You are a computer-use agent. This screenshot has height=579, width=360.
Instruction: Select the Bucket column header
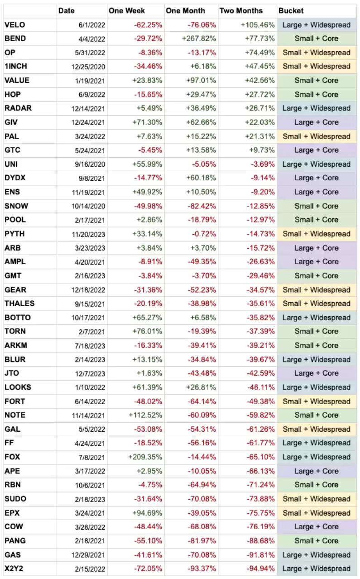click(x=291, y=10)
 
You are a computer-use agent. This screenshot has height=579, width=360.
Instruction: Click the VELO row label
click(x=15, y=24)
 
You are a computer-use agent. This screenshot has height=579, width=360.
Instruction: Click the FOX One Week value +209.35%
click(x=145, y=457)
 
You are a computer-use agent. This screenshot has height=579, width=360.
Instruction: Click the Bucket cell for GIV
click(x=317, y=122)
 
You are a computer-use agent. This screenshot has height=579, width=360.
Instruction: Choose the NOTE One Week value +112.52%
click(x=145, y=415)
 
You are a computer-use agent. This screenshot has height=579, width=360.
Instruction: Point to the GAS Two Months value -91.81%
click(x=260, y=555)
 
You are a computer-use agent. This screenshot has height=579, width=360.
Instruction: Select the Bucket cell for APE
click(x=317, y=471)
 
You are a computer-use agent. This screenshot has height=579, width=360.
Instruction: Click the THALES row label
click(x=19, y=303)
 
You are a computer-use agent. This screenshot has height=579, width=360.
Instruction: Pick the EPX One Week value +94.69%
click(x=147, y=513)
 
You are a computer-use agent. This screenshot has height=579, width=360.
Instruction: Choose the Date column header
click(x=67, y=10)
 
